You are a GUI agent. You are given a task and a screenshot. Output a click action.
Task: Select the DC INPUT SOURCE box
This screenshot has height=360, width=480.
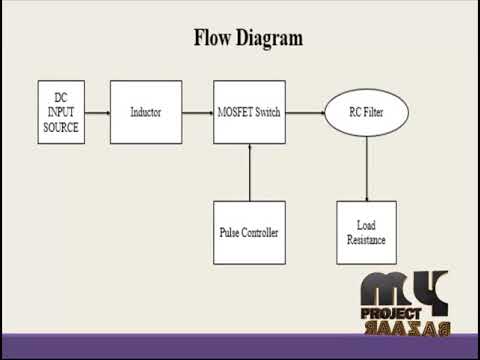[x=60, y=112]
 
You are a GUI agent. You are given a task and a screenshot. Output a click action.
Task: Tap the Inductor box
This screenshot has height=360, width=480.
[x=145, y=112]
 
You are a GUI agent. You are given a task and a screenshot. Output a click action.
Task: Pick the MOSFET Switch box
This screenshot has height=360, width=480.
[x=249, y=112]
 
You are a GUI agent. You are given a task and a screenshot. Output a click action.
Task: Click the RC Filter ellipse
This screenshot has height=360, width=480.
[x=366, y=112]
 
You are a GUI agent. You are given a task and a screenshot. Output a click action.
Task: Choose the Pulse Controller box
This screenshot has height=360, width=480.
[x=249, y=232]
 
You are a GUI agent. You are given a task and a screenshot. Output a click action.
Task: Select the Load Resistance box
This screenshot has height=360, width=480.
[x=366, y=232]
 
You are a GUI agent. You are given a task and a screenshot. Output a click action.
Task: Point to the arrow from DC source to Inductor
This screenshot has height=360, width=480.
[x=96, y=112]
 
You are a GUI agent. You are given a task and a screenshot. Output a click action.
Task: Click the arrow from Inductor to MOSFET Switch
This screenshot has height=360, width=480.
[x=198, y=112]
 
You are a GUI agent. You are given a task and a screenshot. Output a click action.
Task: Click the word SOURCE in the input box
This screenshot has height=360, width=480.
[x=60, y=128]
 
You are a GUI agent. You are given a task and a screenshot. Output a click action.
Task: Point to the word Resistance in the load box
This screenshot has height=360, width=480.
[x=366, y=240]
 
